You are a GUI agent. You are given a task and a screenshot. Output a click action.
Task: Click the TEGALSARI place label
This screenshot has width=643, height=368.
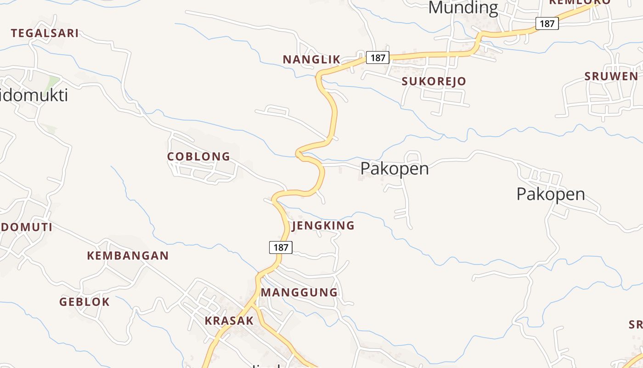(x=45, y=33)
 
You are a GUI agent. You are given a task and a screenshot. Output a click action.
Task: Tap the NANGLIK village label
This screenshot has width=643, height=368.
(x=311, y=59)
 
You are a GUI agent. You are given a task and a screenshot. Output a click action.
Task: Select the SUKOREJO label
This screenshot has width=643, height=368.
(x=434, y=81)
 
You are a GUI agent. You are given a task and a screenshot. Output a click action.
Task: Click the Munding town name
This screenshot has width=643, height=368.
(x=463, y=8)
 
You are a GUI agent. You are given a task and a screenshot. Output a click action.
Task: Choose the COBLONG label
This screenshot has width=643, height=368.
(x=198, y=156)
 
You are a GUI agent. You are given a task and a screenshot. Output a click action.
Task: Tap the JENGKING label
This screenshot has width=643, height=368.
(x=323, y=225)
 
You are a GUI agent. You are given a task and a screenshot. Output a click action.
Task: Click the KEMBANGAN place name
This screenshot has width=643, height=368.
(x=128, y=256)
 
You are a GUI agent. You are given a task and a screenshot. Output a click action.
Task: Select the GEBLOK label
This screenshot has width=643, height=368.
(x=85, y=302)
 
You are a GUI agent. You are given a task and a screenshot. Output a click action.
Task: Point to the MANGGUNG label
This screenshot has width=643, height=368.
(x=299, y=292)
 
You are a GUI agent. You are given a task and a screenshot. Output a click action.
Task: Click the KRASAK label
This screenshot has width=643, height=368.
(x=229, y=321)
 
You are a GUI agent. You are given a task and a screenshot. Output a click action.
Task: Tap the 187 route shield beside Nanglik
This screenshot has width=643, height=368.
(x=378, y=57)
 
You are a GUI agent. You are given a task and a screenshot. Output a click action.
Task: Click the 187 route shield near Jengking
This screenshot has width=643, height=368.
(x=281, y=247)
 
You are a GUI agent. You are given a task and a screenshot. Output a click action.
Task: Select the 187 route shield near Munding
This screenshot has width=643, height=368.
(x=547, y=23)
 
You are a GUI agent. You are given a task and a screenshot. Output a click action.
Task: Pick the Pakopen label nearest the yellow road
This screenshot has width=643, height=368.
(x=394, y=168)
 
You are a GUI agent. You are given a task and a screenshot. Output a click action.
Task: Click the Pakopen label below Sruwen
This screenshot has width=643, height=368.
(x=550, y=194)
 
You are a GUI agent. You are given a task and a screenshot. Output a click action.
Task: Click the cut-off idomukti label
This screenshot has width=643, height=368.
(x=34, y=95)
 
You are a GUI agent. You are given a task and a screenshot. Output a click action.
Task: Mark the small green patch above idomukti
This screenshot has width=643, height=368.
(x=52, y=83)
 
